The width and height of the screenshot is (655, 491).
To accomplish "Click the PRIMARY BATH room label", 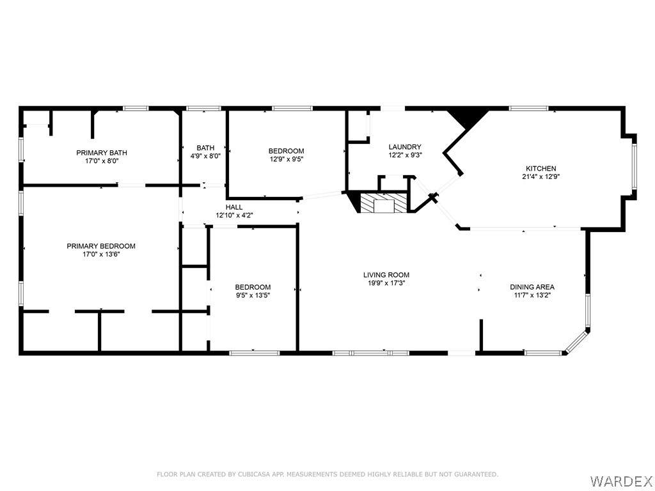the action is (102, 153).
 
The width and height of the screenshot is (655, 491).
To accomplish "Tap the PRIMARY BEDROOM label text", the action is (101, 246).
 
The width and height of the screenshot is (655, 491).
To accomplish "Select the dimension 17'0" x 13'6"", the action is (101, 254).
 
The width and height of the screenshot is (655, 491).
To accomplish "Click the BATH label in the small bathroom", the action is (205, 148).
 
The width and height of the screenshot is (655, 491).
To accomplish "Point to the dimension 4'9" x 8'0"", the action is (205, 156).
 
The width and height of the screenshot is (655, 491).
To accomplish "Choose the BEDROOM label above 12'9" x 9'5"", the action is (286, 151).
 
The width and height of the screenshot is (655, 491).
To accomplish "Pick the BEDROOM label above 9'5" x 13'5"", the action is (253, 287).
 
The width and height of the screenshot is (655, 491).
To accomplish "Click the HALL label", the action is (234, 208).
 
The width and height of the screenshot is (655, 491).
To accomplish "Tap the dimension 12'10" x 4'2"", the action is (234, 215).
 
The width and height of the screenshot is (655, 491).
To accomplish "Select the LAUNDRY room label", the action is (405, 147).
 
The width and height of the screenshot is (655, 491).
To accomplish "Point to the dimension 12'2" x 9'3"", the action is (405, 155).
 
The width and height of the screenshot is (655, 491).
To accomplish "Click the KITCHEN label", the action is (541, 169).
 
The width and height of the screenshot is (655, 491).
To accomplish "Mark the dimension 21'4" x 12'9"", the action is (541, 176).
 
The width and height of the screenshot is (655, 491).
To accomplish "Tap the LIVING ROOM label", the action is (386, 275).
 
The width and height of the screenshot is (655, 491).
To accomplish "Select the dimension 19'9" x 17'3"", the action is (386, 283).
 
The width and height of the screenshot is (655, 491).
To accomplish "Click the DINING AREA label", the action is (532, 287).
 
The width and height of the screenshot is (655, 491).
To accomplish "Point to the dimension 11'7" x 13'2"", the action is (532, 295).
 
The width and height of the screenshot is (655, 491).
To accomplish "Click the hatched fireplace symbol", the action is (384, 203).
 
